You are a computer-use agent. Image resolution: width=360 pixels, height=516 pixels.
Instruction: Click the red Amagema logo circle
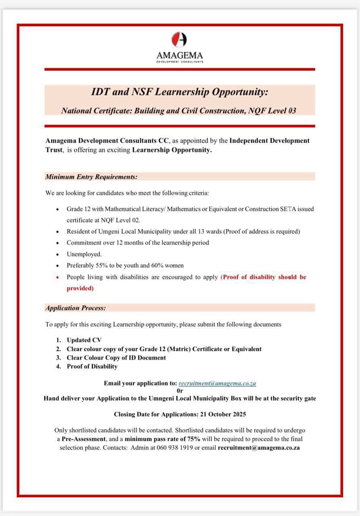(179, 40)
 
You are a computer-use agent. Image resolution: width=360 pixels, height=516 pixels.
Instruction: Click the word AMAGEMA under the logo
(179, 55)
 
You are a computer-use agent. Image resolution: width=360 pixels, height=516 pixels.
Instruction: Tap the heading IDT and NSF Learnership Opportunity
(179, 92)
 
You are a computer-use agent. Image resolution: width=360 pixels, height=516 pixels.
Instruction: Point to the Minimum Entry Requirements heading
(92, 177)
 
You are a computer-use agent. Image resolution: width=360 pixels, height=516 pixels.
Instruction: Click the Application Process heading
(76, 308)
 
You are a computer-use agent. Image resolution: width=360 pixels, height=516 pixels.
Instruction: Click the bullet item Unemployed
(84, 254)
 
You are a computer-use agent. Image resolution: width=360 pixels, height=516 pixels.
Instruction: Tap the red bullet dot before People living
(58, 277)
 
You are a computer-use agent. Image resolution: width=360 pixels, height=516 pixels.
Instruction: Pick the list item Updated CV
(84, 340)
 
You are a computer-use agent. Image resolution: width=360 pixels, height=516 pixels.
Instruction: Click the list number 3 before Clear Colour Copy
(58, 358)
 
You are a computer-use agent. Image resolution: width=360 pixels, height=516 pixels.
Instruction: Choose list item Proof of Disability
(92, 366)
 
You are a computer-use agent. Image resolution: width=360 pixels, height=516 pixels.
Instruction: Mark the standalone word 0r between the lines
(180, 391)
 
